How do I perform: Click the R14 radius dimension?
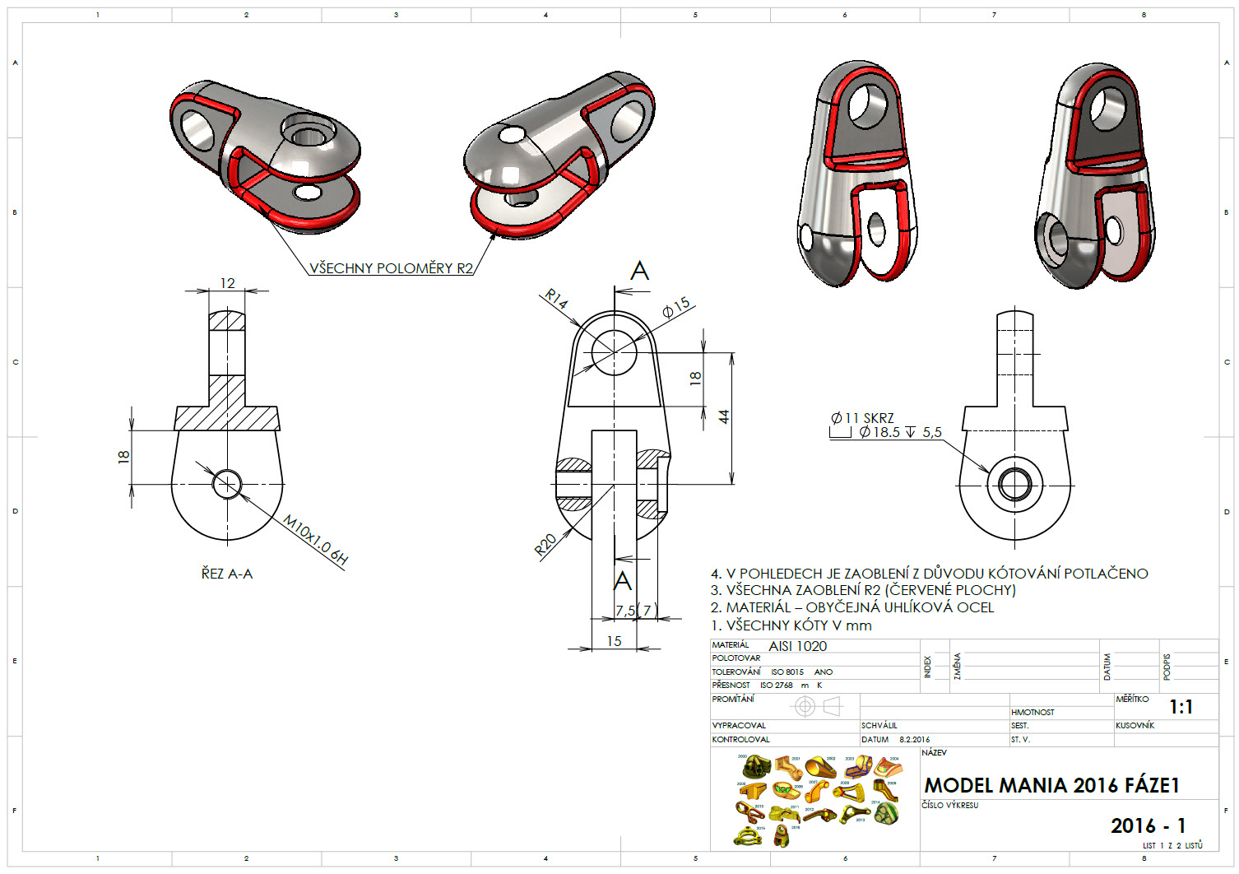(557, 300)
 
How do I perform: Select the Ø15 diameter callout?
(676, 308)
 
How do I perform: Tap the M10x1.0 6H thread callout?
(315, 540)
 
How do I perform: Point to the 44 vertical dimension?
(724, 416)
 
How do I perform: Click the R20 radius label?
(545, 544)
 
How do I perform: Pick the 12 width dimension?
(227, 283)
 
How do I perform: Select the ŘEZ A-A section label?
(227, 574)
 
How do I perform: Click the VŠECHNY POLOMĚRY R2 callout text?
(391, 267)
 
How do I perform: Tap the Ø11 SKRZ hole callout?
(862, 418)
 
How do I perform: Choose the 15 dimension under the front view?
(614, 640)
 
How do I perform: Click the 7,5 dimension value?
(625, 610)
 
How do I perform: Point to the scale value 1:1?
(1181, 707)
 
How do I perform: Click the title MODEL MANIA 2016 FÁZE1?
(1051, 785)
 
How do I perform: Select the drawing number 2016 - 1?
(1148, 825)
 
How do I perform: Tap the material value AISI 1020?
(797, 646)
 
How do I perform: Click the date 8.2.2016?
(914, 739)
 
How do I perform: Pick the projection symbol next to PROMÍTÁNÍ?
(817, 706)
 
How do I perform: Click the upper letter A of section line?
(639, 271)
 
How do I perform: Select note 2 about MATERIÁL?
(852, 607)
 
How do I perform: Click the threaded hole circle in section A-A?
(227, 484)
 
